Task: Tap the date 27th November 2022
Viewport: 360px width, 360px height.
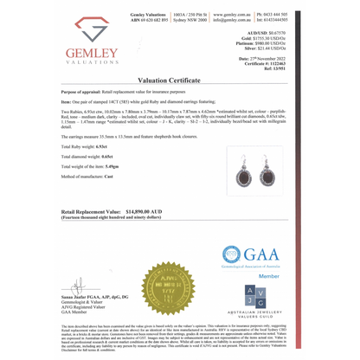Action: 282,60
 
